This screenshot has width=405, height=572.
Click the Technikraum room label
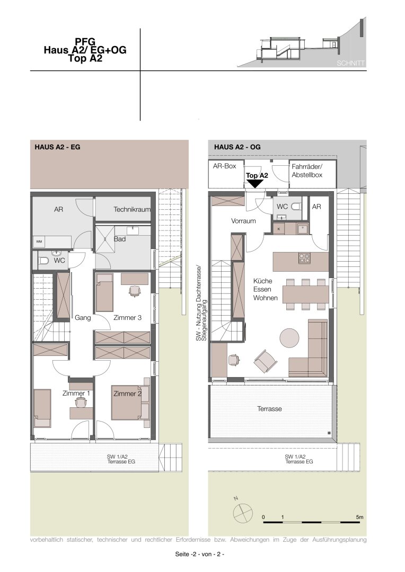132,209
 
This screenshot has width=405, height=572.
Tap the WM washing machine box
39,242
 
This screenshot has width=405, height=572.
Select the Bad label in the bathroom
120,239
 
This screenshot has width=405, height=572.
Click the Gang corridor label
83,318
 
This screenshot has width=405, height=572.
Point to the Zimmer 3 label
127,318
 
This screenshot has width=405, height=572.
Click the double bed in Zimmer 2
126,403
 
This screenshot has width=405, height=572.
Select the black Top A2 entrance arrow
254,184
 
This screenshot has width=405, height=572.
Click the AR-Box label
225,166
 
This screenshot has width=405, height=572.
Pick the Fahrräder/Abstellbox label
307,171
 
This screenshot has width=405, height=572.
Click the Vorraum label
244,221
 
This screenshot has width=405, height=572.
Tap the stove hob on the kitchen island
304,258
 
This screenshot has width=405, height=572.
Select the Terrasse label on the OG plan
269,409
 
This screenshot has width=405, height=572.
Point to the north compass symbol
243,513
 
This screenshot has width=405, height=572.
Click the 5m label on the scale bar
360,517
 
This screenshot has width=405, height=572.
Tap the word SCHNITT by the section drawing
350,63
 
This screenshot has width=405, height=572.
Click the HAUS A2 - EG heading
57,147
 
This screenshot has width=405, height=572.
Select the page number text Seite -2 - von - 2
200,554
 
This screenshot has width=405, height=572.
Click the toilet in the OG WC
296,207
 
